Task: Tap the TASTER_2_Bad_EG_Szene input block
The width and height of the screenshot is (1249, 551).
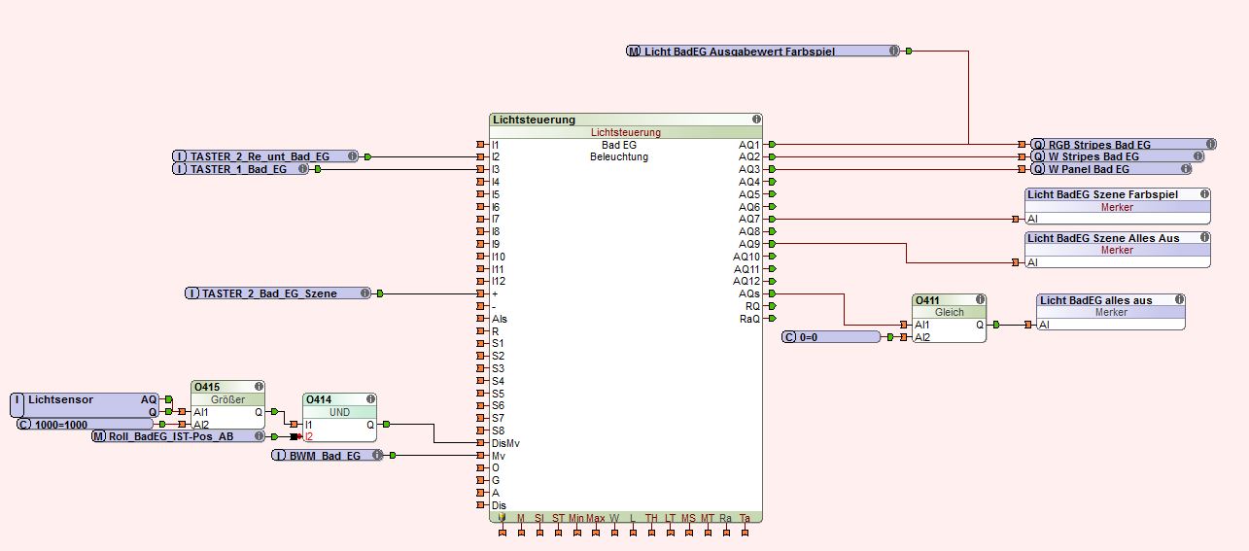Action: [x=278, y=293]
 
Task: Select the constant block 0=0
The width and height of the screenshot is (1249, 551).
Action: [x=832, y=337]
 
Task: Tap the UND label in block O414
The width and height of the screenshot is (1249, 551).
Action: [x=339, y=412]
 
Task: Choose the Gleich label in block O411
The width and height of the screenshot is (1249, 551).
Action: [x=949, y=313]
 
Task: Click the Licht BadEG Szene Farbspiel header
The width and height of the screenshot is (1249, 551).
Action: [x=1118, y=194]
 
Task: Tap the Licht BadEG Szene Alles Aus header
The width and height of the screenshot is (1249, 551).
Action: [x=1118, y=237]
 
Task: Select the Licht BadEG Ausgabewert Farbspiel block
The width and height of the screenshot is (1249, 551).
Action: [x=762, y=52]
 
